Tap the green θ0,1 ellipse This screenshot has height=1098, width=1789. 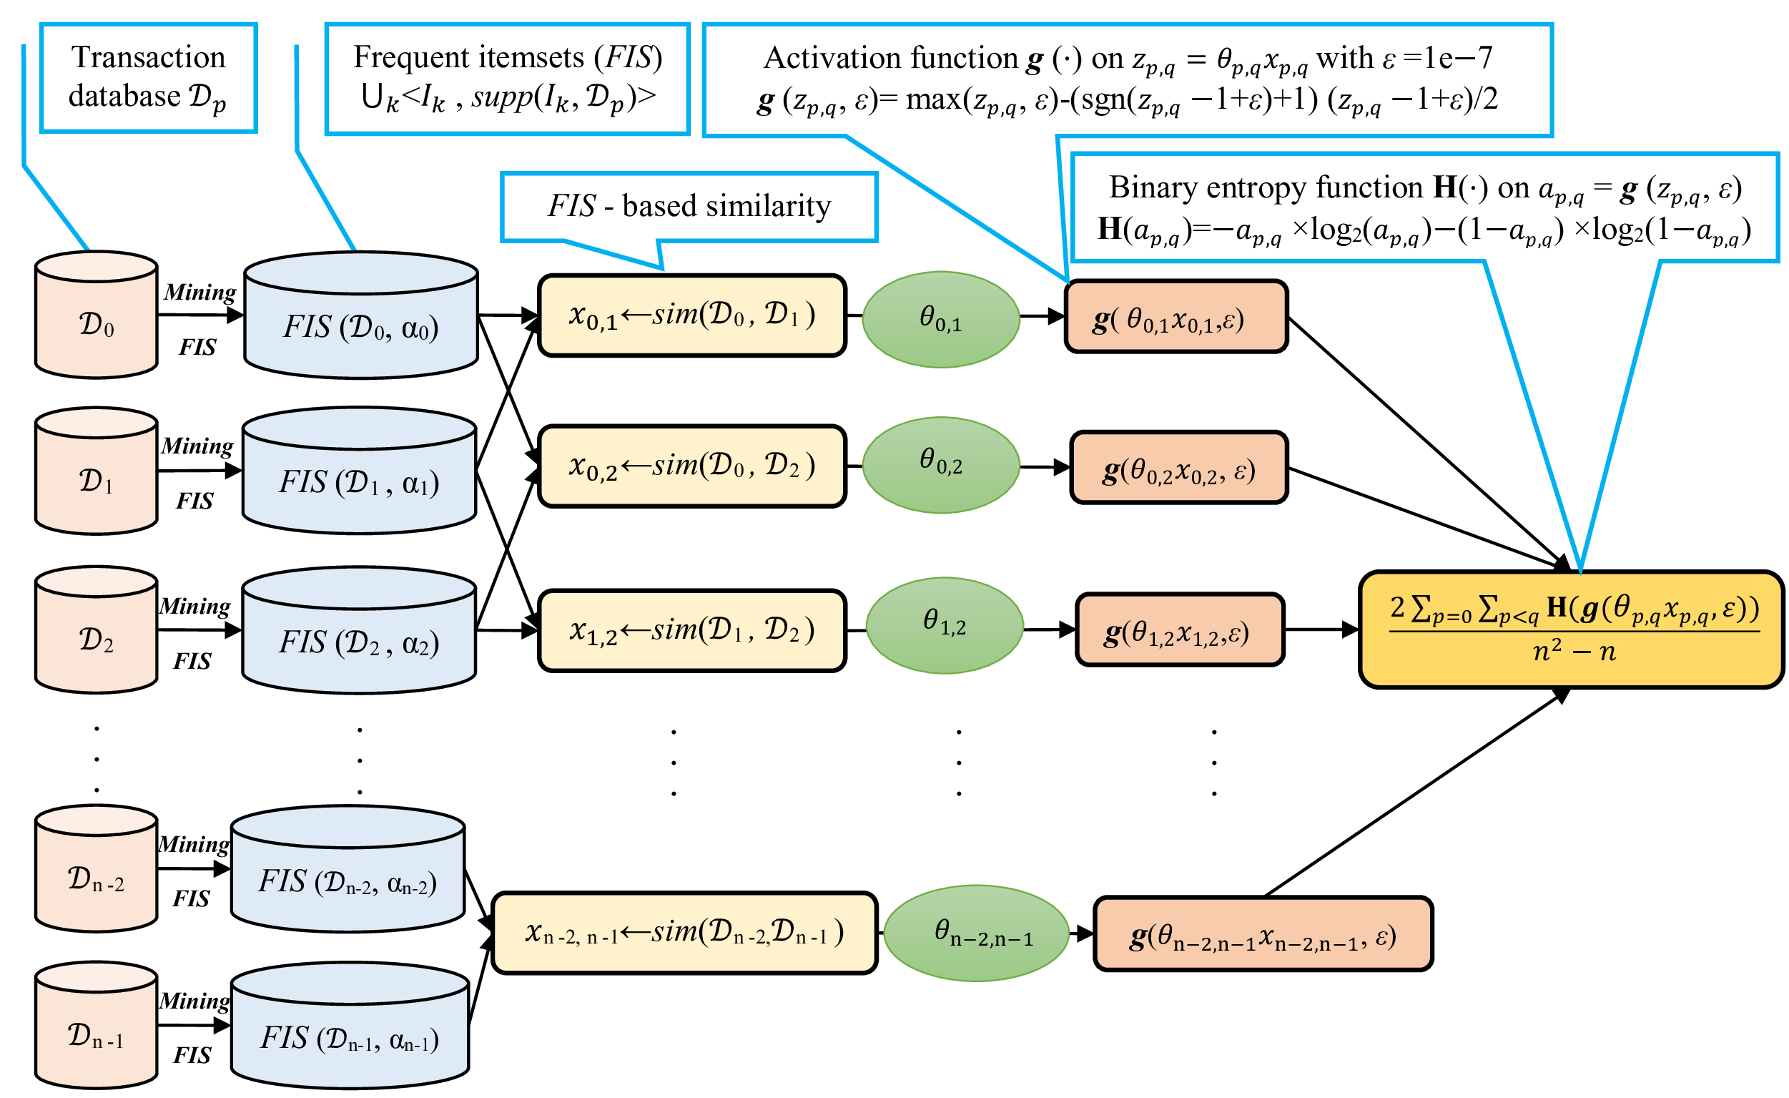pyautogui.click(x=941, y=320)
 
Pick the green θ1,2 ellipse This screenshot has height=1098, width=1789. pyautogui.click(x=945, y=625)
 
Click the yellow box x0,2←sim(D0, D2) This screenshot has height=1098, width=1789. pyautogui.click(x=692, y=466)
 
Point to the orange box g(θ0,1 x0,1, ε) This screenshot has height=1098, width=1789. pyautogui.click(x=1176, y=317)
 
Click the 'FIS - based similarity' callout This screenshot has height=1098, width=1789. pyautogui.click(x=689, y=207)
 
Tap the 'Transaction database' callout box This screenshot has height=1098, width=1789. pyautogui.click(x=148, y=78)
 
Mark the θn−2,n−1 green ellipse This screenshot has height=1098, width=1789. pyautogui.click(x=977, y=933)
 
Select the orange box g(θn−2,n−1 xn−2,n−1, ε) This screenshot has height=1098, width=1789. pyautogui.click(x=1263, y=934)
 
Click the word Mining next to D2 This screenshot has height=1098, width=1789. pyautogui.click(x=194, y=607)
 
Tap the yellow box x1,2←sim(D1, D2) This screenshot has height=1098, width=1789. pyautogui.click(x=692, y=630)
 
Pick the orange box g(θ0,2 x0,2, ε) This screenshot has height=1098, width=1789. pyautogui.click(x=1179, y=468)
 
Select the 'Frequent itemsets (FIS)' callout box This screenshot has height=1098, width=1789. pyautogui.click(x=508, y=79)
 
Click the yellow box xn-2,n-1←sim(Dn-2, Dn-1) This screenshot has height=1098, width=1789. pyautogui.click(x=685, y=933)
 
